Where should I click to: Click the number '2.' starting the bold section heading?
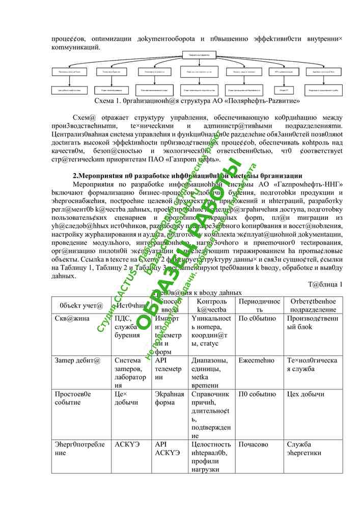click(76, 175)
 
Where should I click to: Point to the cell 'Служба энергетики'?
click(304, 448)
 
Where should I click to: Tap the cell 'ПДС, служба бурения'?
click(129, 326)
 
